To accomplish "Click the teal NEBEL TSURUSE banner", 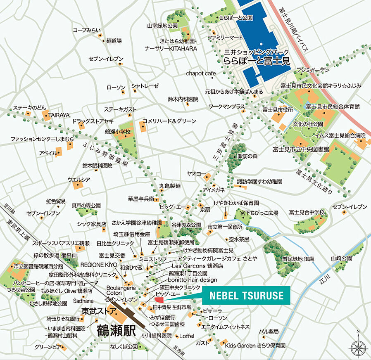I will (246, 296).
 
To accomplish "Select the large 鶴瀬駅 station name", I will (117, 330).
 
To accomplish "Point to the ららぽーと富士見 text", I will (256, 60).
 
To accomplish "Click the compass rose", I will (358, 346).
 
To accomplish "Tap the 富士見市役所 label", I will (277, 110).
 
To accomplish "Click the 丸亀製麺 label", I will (170, 186).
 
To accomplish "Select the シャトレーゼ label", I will (145, 86).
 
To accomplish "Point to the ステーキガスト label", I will (120, 109).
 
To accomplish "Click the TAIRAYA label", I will (59, 114).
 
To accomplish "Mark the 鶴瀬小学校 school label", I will (118, 131).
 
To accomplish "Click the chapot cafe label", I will (201, 73).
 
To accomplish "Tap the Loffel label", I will (187, 336).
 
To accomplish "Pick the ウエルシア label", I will (79, 179).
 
